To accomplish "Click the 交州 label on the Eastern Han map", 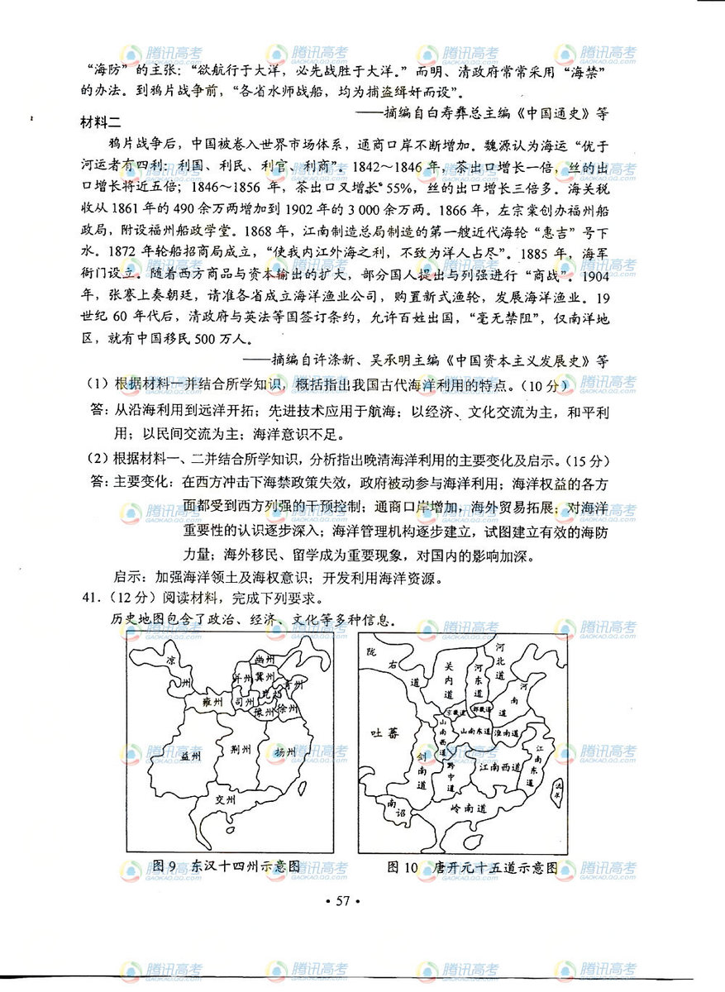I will pyautogui.click(x=225, y=800).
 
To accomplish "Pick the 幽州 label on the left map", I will pyautogui.click(x=264, y=658).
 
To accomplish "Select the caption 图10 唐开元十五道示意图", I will pyautogui.click(x=472, y=866).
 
